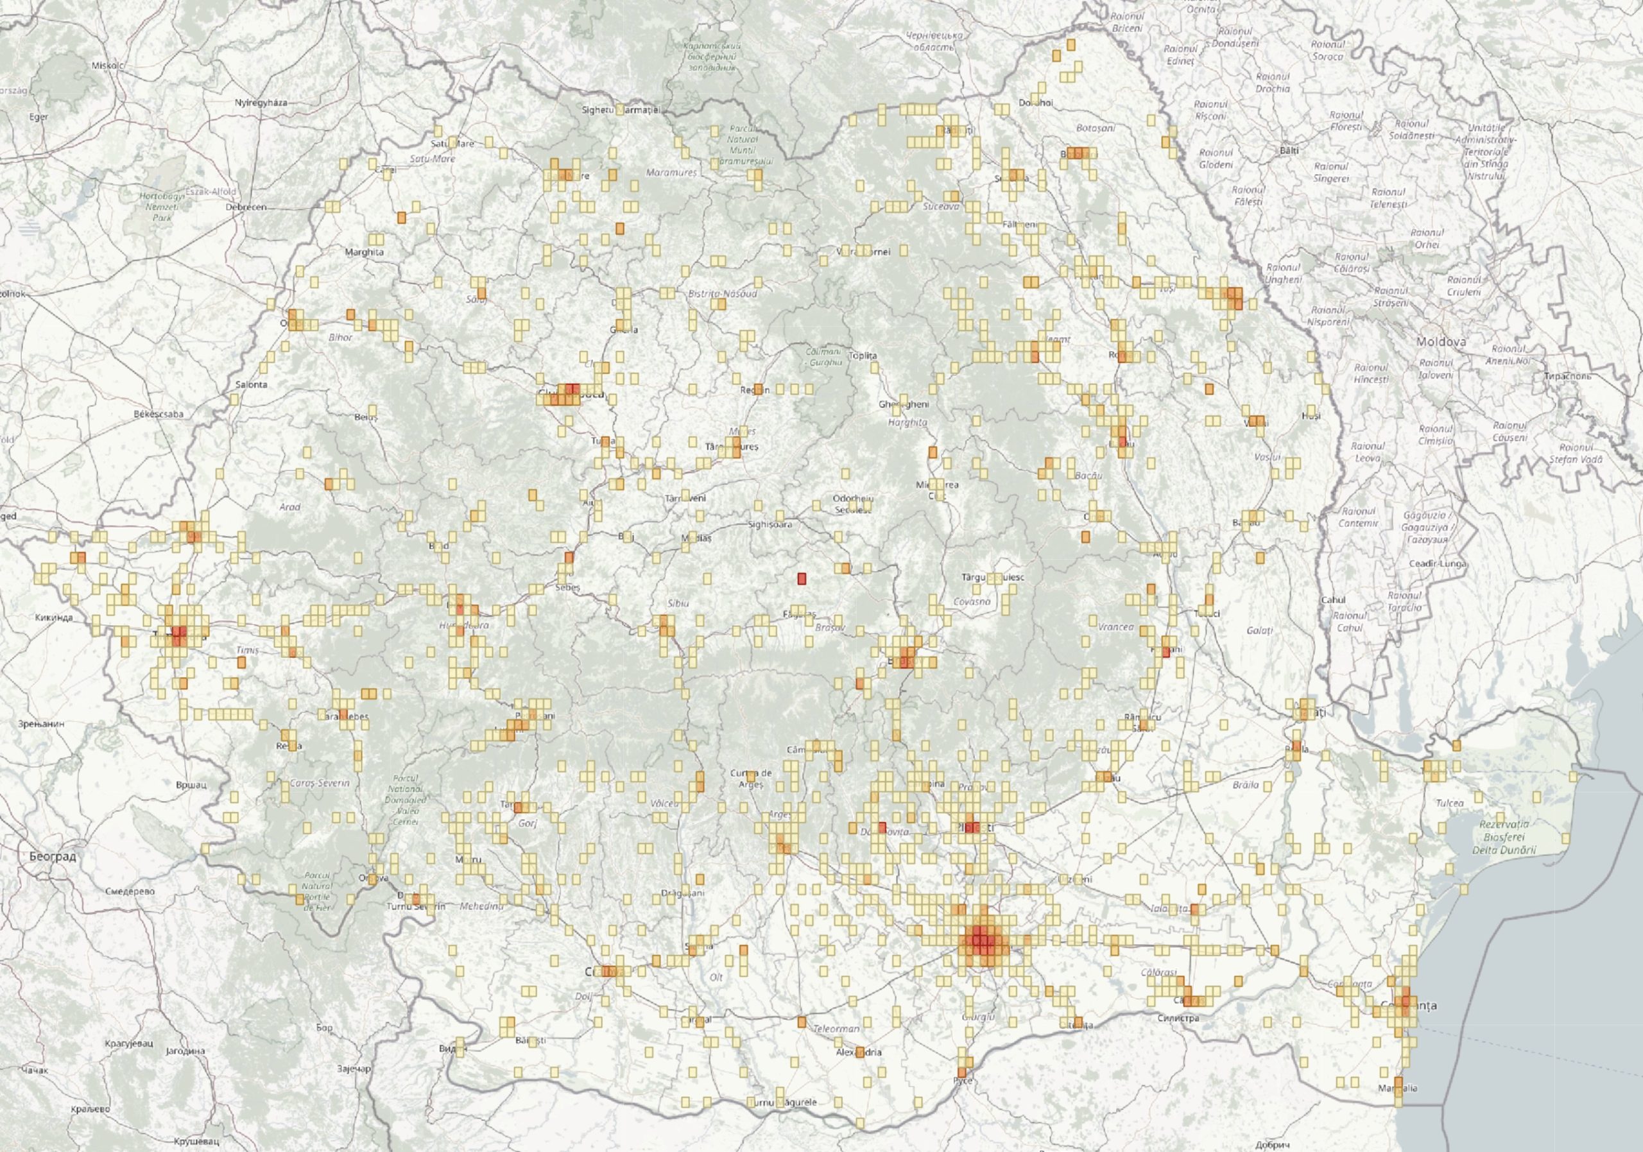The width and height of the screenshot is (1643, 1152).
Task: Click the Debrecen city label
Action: (x=245, y=207)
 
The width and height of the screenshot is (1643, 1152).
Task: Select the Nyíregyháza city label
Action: (x=261, y=102)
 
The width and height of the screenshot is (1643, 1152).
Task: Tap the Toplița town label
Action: (x=861, y=356)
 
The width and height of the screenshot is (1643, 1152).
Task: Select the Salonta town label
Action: (x=251, y=384)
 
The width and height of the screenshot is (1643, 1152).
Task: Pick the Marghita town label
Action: (x=365, y=252)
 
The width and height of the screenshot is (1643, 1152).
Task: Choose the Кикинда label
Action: (x=54, y=618)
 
